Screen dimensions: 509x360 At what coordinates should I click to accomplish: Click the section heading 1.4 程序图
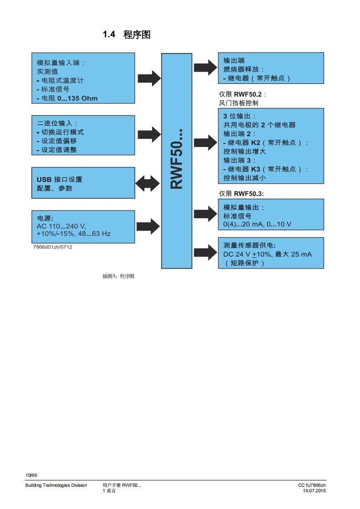[x=126, y=35]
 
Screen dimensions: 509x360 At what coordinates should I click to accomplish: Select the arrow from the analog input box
[x=149, y=78]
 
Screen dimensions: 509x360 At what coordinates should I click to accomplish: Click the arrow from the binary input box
[x=149, y=134]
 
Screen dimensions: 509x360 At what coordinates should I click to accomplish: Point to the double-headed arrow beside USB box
[x=148, y=183]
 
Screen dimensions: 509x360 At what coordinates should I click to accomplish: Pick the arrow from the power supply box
[x=148, y=225]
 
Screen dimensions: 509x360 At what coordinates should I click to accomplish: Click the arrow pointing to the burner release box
[x=205, y=68]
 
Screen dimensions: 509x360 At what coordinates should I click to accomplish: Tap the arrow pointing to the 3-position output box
[x=205, y=142]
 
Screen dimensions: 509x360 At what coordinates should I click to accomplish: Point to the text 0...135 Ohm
[x=78, y=98]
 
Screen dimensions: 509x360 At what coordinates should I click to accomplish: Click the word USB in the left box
[x=44, y=179]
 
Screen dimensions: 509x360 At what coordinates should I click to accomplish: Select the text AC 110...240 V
[x=61, y=225]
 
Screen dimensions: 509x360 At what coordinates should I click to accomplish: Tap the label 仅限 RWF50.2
[x=242, y=94]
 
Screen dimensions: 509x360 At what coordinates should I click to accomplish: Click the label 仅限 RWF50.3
[x=242, y=193]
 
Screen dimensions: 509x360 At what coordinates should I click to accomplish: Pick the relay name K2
[x=256, y=142]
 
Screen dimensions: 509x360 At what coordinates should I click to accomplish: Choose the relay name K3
[x=256, y=169]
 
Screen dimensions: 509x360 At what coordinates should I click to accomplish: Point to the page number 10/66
[x=31, y=475]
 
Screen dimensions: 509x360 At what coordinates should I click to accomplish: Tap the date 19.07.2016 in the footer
[x=315, y=491]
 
